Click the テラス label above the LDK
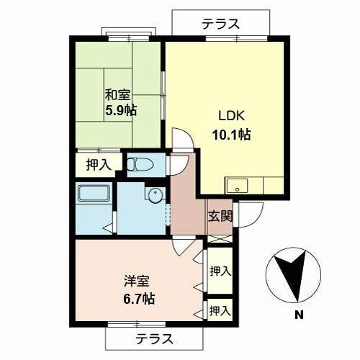[x=220, y=23]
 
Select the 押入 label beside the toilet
[x=99, y=165]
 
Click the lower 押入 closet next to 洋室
[x=220, y=310]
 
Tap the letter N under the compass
[x=297, y=315]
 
